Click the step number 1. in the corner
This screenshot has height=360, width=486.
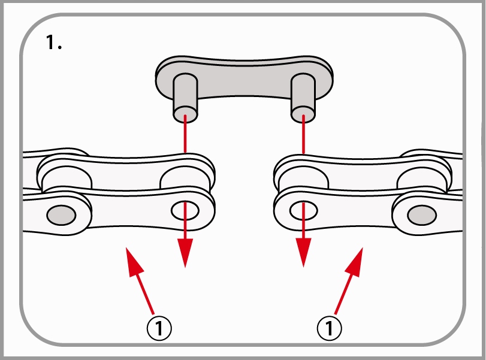point(53,43)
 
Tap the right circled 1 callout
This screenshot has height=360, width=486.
point(328,326)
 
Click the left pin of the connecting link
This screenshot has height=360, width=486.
point(185,96)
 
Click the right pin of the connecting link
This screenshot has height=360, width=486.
point(303,96)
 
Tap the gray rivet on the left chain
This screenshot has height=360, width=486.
point(60,213)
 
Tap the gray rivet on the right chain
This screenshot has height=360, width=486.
point(422,213)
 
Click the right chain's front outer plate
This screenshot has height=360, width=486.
point(360,213)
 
